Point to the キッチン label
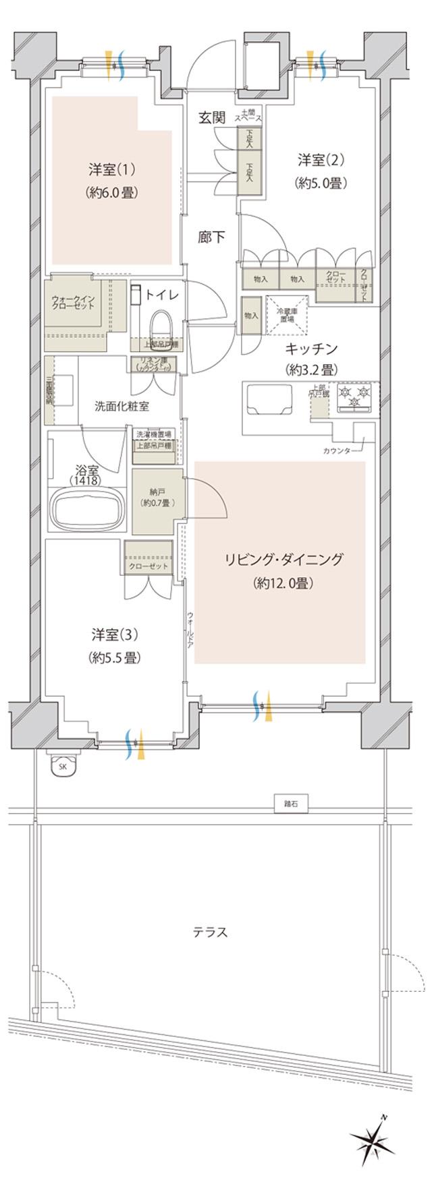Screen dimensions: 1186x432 [310, 348]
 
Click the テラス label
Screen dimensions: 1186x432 [210, 933]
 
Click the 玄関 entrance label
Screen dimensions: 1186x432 [211, 118]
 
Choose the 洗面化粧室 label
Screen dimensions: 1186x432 [122, 406]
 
